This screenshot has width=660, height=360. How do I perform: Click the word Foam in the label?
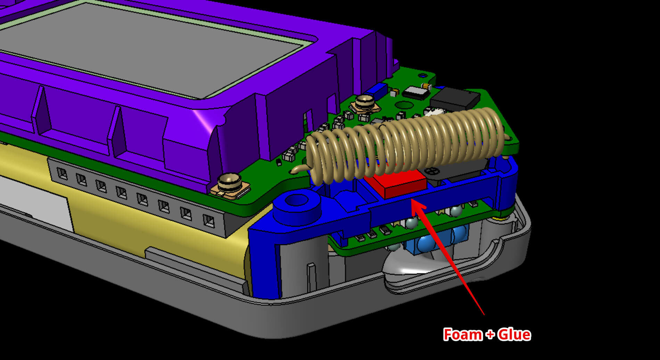(463, 334)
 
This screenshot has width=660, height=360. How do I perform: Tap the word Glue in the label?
(514, 334)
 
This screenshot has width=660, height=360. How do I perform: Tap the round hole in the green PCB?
(403, 105)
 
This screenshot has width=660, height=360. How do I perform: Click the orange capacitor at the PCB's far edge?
(426, 85)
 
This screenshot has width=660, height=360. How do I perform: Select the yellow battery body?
(139, 222)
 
